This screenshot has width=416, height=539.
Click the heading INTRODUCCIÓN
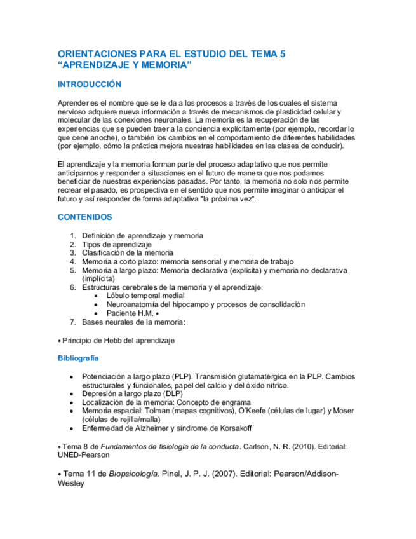[89, 85]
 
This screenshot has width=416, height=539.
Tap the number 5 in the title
[281, 55]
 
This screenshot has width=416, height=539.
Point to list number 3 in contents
[73, 252]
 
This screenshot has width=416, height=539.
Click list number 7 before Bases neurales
[73, 322]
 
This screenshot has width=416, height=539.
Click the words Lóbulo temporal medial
[145, 296]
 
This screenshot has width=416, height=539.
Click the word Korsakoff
[229, 429]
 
